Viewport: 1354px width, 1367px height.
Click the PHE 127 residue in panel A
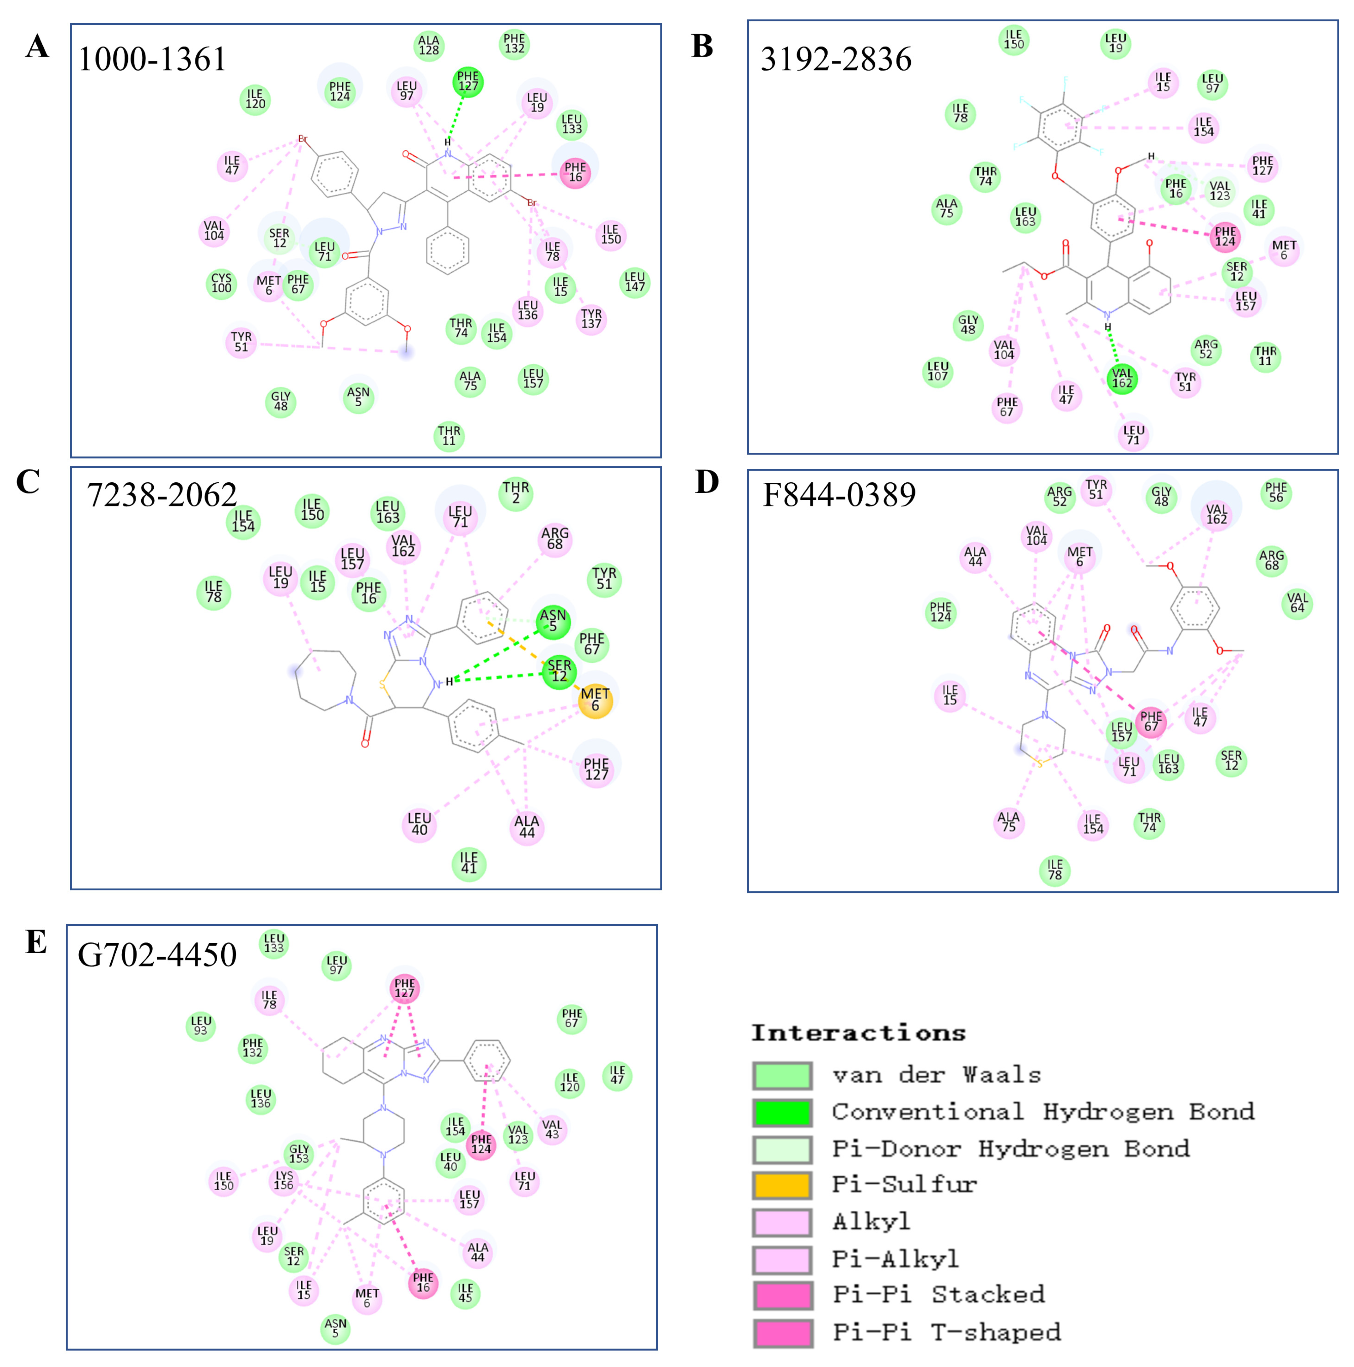[467, 81]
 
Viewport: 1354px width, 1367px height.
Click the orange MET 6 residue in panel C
[595, 700]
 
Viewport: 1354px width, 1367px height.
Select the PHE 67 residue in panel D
[1151, 722]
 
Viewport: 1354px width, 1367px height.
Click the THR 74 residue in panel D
[1149, 823]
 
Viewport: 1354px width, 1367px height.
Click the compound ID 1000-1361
[152, 59]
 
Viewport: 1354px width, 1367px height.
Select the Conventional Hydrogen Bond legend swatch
[782, 1112]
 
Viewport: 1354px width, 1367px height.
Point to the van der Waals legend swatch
[782, 1075]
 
